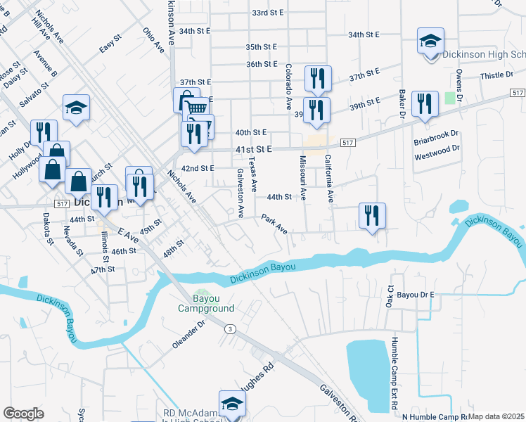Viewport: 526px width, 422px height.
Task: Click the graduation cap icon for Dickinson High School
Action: pyautogui.click(x=430, y=41)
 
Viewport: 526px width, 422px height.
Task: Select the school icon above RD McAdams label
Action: pyautogui.click(x=232, y=403)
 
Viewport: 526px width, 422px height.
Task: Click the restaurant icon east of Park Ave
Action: pyautogui.click(x=373, y=215)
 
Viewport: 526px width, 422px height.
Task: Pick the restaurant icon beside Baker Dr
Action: pyautogui.click(x=423, y=104)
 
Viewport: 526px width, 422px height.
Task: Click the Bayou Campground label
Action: pyautogui.click(x=205, y=303)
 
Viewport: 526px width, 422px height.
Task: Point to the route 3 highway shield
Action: pyautogui.click(x=229, y=328)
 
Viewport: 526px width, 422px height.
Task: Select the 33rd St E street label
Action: pyautogui.click(x=267, y=13)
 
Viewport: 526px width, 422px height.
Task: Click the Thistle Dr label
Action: pyautogui.click(x=493, y=75)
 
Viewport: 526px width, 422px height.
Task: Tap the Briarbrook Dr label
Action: pyautogui.click(x=436, y=133)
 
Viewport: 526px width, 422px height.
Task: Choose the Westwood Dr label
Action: pyautogui.click(x=437, y=148)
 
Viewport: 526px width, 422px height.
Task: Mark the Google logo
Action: pyautogui.click(x=23, y=413)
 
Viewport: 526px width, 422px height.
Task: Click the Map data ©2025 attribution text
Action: pyautogui.click(x=496, y=416)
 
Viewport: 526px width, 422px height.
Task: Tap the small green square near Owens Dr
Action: pyautogui.click(x=450, y=98)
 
